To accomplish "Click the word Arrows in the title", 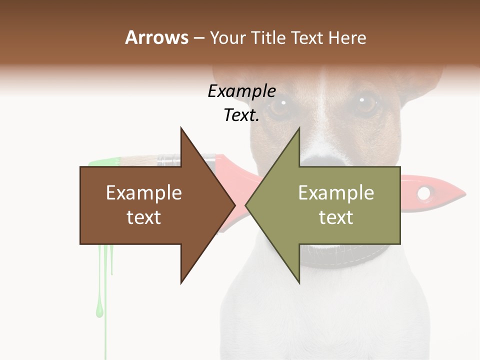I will click(x=156, y=37).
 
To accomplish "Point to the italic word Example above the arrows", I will click(x=241, y=91).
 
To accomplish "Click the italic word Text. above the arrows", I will click(x=241, y=115).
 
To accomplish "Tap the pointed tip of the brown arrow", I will click(x=234, y=205).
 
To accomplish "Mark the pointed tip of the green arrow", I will click(x=247, y=205).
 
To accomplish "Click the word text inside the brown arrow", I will click(x=144, y=217).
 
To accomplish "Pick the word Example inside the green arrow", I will click(x=336, y=193).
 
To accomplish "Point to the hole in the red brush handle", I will click(x=424, y=192).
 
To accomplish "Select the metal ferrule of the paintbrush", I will click(x=168, y=160).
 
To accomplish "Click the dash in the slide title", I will click(x=198, y=38).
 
